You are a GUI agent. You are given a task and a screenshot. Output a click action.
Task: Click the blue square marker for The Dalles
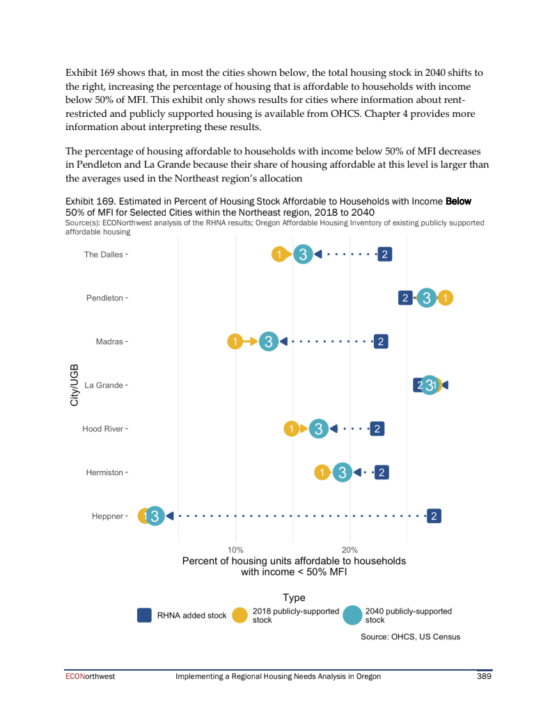click(384, 255)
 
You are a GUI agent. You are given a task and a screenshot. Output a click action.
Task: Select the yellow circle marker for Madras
click(236, 342)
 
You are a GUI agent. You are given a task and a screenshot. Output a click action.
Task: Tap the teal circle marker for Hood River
click(318, 429)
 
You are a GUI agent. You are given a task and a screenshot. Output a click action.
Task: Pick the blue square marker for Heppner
click(434, 516)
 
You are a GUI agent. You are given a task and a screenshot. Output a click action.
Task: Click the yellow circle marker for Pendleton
click(446, 298)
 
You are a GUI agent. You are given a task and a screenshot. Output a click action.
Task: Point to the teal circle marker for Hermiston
click(341, 473)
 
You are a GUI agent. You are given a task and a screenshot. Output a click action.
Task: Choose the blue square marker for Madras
click(380, 342)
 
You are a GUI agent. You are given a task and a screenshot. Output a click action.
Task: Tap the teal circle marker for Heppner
click(155, 516)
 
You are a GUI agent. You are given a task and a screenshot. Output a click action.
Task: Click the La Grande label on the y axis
click(104, 385)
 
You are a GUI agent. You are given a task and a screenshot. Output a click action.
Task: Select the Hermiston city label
click(104, 473)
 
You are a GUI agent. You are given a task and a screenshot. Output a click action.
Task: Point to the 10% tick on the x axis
click(236, 550)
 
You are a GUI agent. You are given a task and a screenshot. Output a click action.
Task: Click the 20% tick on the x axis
click(350, 550)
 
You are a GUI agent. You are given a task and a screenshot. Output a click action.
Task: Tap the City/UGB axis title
click(74, 385)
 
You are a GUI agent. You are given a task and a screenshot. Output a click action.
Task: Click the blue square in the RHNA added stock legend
click(145, 616)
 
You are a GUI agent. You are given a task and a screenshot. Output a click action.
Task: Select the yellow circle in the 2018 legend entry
click(240, 616)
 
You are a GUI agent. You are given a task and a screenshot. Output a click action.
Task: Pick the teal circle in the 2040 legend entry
click(353, 616)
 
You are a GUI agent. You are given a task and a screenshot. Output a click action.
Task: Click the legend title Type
click(294, 598)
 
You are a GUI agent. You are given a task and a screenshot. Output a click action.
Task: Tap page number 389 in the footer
click(484, 676)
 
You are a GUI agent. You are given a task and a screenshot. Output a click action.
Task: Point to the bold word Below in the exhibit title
click(458, 202)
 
